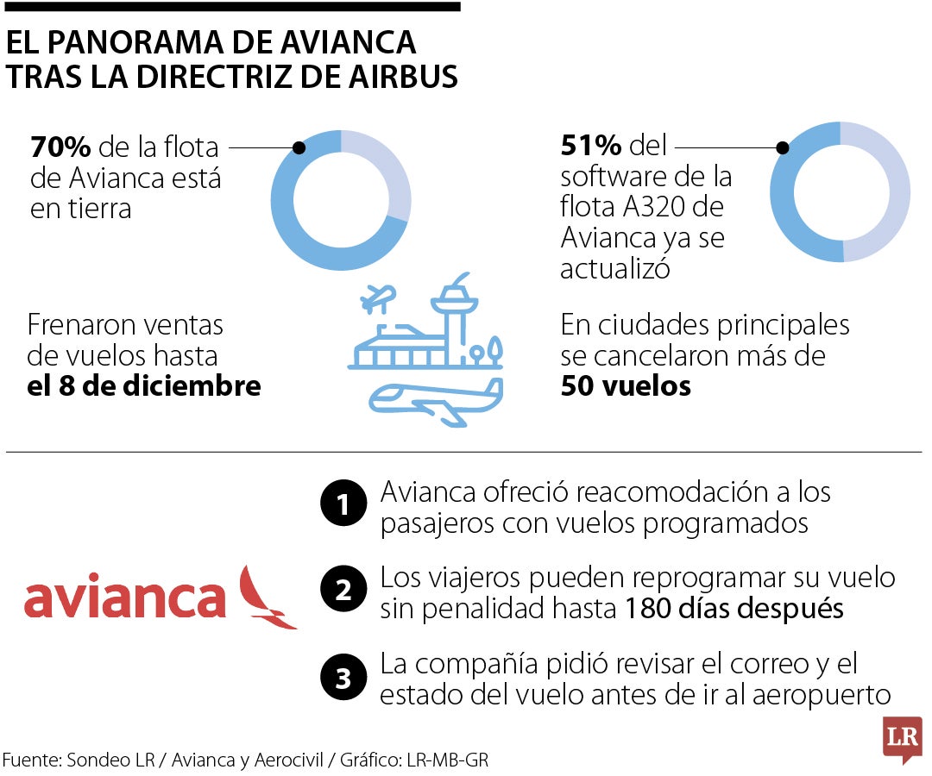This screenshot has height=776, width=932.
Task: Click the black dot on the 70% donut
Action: (299, 147)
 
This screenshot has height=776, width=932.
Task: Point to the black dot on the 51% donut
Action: (783, 147)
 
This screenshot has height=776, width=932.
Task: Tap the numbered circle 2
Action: (343, 591)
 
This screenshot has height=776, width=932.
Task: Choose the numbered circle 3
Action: (343, 678)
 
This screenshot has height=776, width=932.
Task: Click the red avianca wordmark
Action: (125, 598)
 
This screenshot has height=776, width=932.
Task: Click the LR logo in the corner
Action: (902, 738)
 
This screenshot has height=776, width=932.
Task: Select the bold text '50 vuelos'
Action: (626, 385)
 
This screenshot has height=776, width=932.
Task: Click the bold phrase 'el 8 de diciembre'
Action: (144, 385)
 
